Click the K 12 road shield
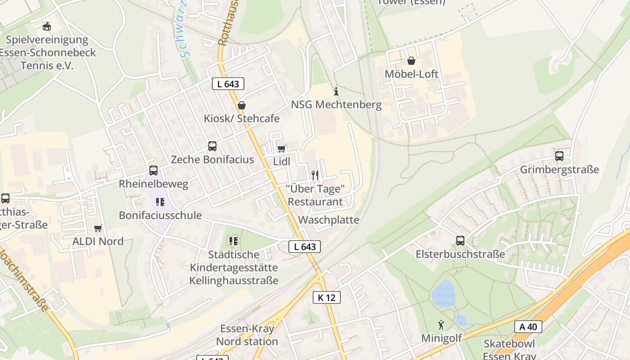pyautogui.click(x=326, y=297)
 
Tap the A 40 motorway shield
pyautogui.click(x=528, y=327)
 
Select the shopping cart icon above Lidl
pyautogui.click(x=282, y=148)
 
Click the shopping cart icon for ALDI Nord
pyautogui.click(x=98, y=228)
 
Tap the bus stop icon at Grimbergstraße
pyautogui.click(x=559, y=156)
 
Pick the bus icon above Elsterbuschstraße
pyautogui.click(x=460, y=241)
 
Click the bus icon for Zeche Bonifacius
pyautogui.click(x=212, y=146)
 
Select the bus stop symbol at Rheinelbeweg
pyautogui.click(x=153, y=171)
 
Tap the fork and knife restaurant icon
pyautogui.click(x=315, y=175)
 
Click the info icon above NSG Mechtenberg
pyautogui.click(x=336, y=92)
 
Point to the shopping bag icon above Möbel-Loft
pyautogui.click(x=411, y=61)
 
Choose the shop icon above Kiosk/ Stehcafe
pyautogui.click(x=242, y=105)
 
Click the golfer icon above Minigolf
pyautogui.click(x=441, y=325)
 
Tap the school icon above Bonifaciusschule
pyautogui.click(x=160, y=202)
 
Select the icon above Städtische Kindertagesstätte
pyautogui.click(x=233, y=241)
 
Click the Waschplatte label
pyautogui.click(x=328, y=220)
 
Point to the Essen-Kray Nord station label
pyautogui.click(x=247, y=335)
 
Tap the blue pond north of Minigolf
pyautogui.click(x=443, y=293)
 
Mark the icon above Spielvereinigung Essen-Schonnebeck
pyautogui.click(x=46, y=27)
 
